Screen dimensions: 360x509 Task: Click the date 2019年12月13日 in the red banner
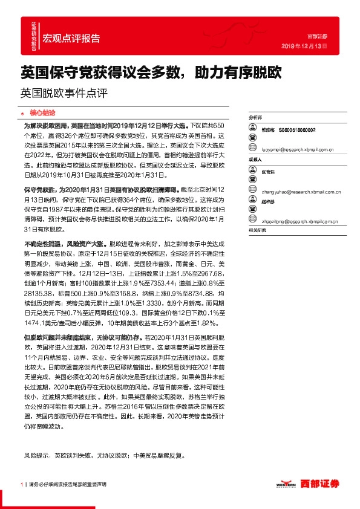[x=304, y=46]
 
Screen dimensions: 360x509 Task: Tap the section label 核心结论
[x=42, y=112]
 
